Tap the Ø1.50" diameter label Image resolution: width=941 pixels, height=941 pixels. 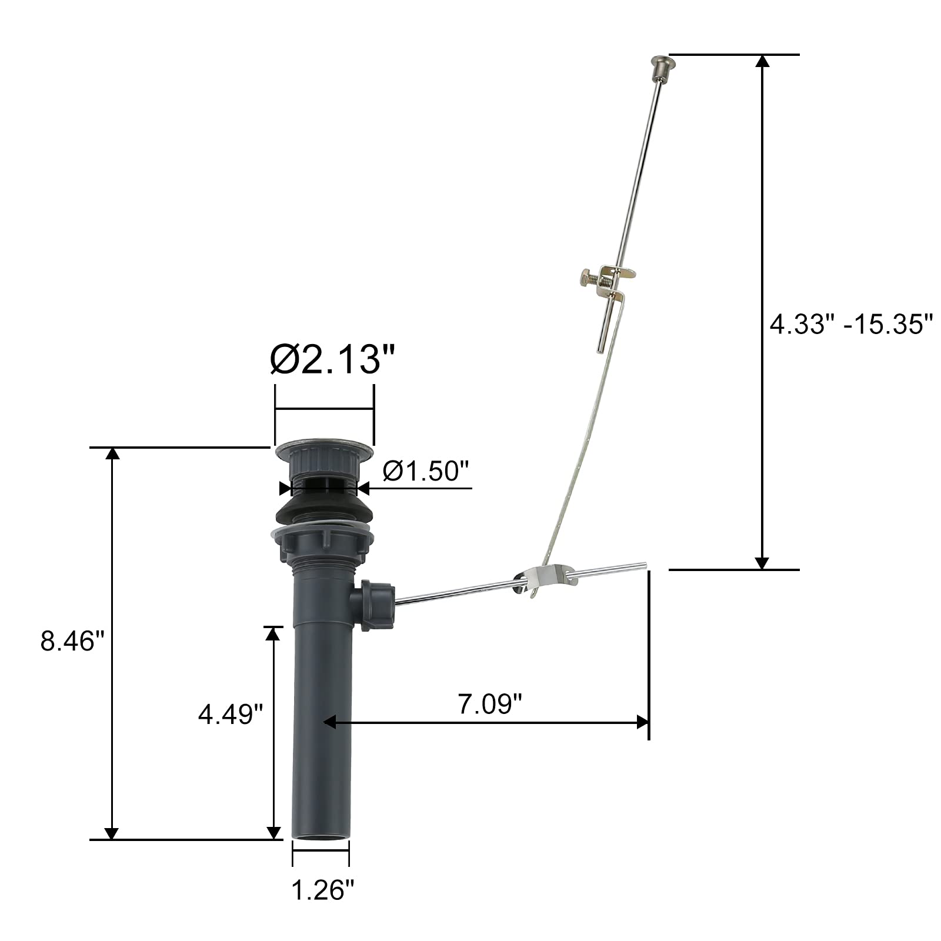click(x=426, y=471)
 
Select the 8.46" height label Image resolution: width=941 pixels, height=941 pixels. click(x=76, y=641)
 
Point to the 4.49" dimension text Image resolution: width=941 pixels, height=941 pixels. click(x=230, y=714)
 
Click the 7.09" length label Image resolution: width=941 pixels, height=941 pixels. click(x=490, y=704)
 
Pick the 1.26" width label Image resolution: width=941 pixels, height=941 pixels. click(x=323, y=890)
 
